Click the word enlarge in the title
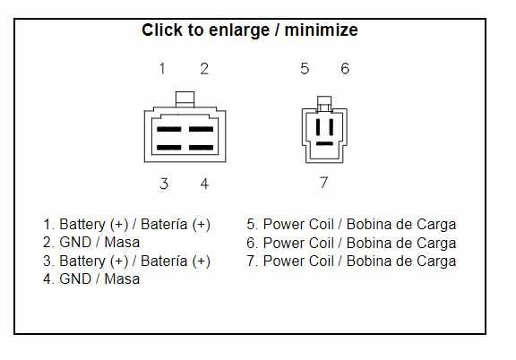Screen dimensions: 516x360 [x=239, y=30]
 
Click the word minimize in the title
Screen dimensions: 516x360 [x=322, y=30]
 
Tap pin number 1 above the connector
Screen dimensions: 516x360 [x=162, y=69]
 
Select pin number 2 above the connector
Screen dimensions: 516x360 [x=204, y=69]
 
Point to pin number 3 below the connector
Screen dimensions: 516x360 [x=164, y=184]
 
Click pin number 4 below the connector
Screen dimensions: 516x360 [x=204, y=184]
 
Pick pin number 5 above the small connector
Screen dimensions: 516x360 [x=305, y=68]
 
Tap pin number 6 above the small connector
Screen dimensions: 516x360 [x=345, y=68]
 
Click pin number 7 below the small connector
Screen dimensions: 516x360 [x=323, y=183]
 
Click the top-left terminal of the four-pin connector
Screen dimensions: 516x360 [x=168, y=129]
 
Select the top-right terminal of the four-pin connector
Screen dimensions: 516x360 [x=201, y=129]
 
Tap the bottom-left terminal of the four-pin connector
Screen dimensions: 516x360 [x=168, y=148]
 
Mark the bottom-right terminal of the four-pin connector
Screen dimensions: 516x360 [x=201, y=148]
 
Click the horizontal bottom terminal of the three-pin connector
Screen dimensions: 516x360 [x=324, y=143]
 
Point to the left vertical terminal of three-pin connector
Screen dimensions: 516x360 [x=318, y=127]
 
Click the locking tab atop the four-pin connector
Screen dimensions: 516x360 [x=185, y=99]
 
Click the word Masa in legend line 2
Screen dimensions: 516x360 [x=122, y=243]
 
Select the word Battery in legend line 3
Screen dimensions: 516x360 [x=82, y=261]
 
